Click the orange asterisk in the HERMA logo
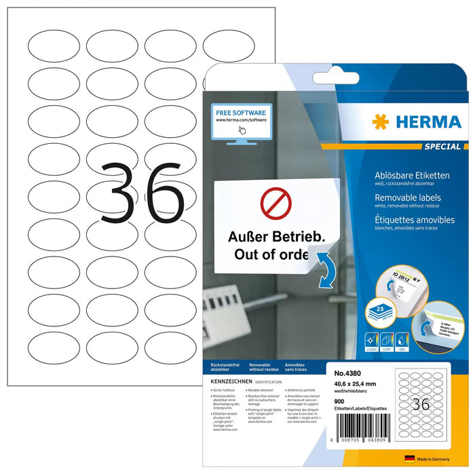381,121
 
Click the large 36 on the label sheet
142,193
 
